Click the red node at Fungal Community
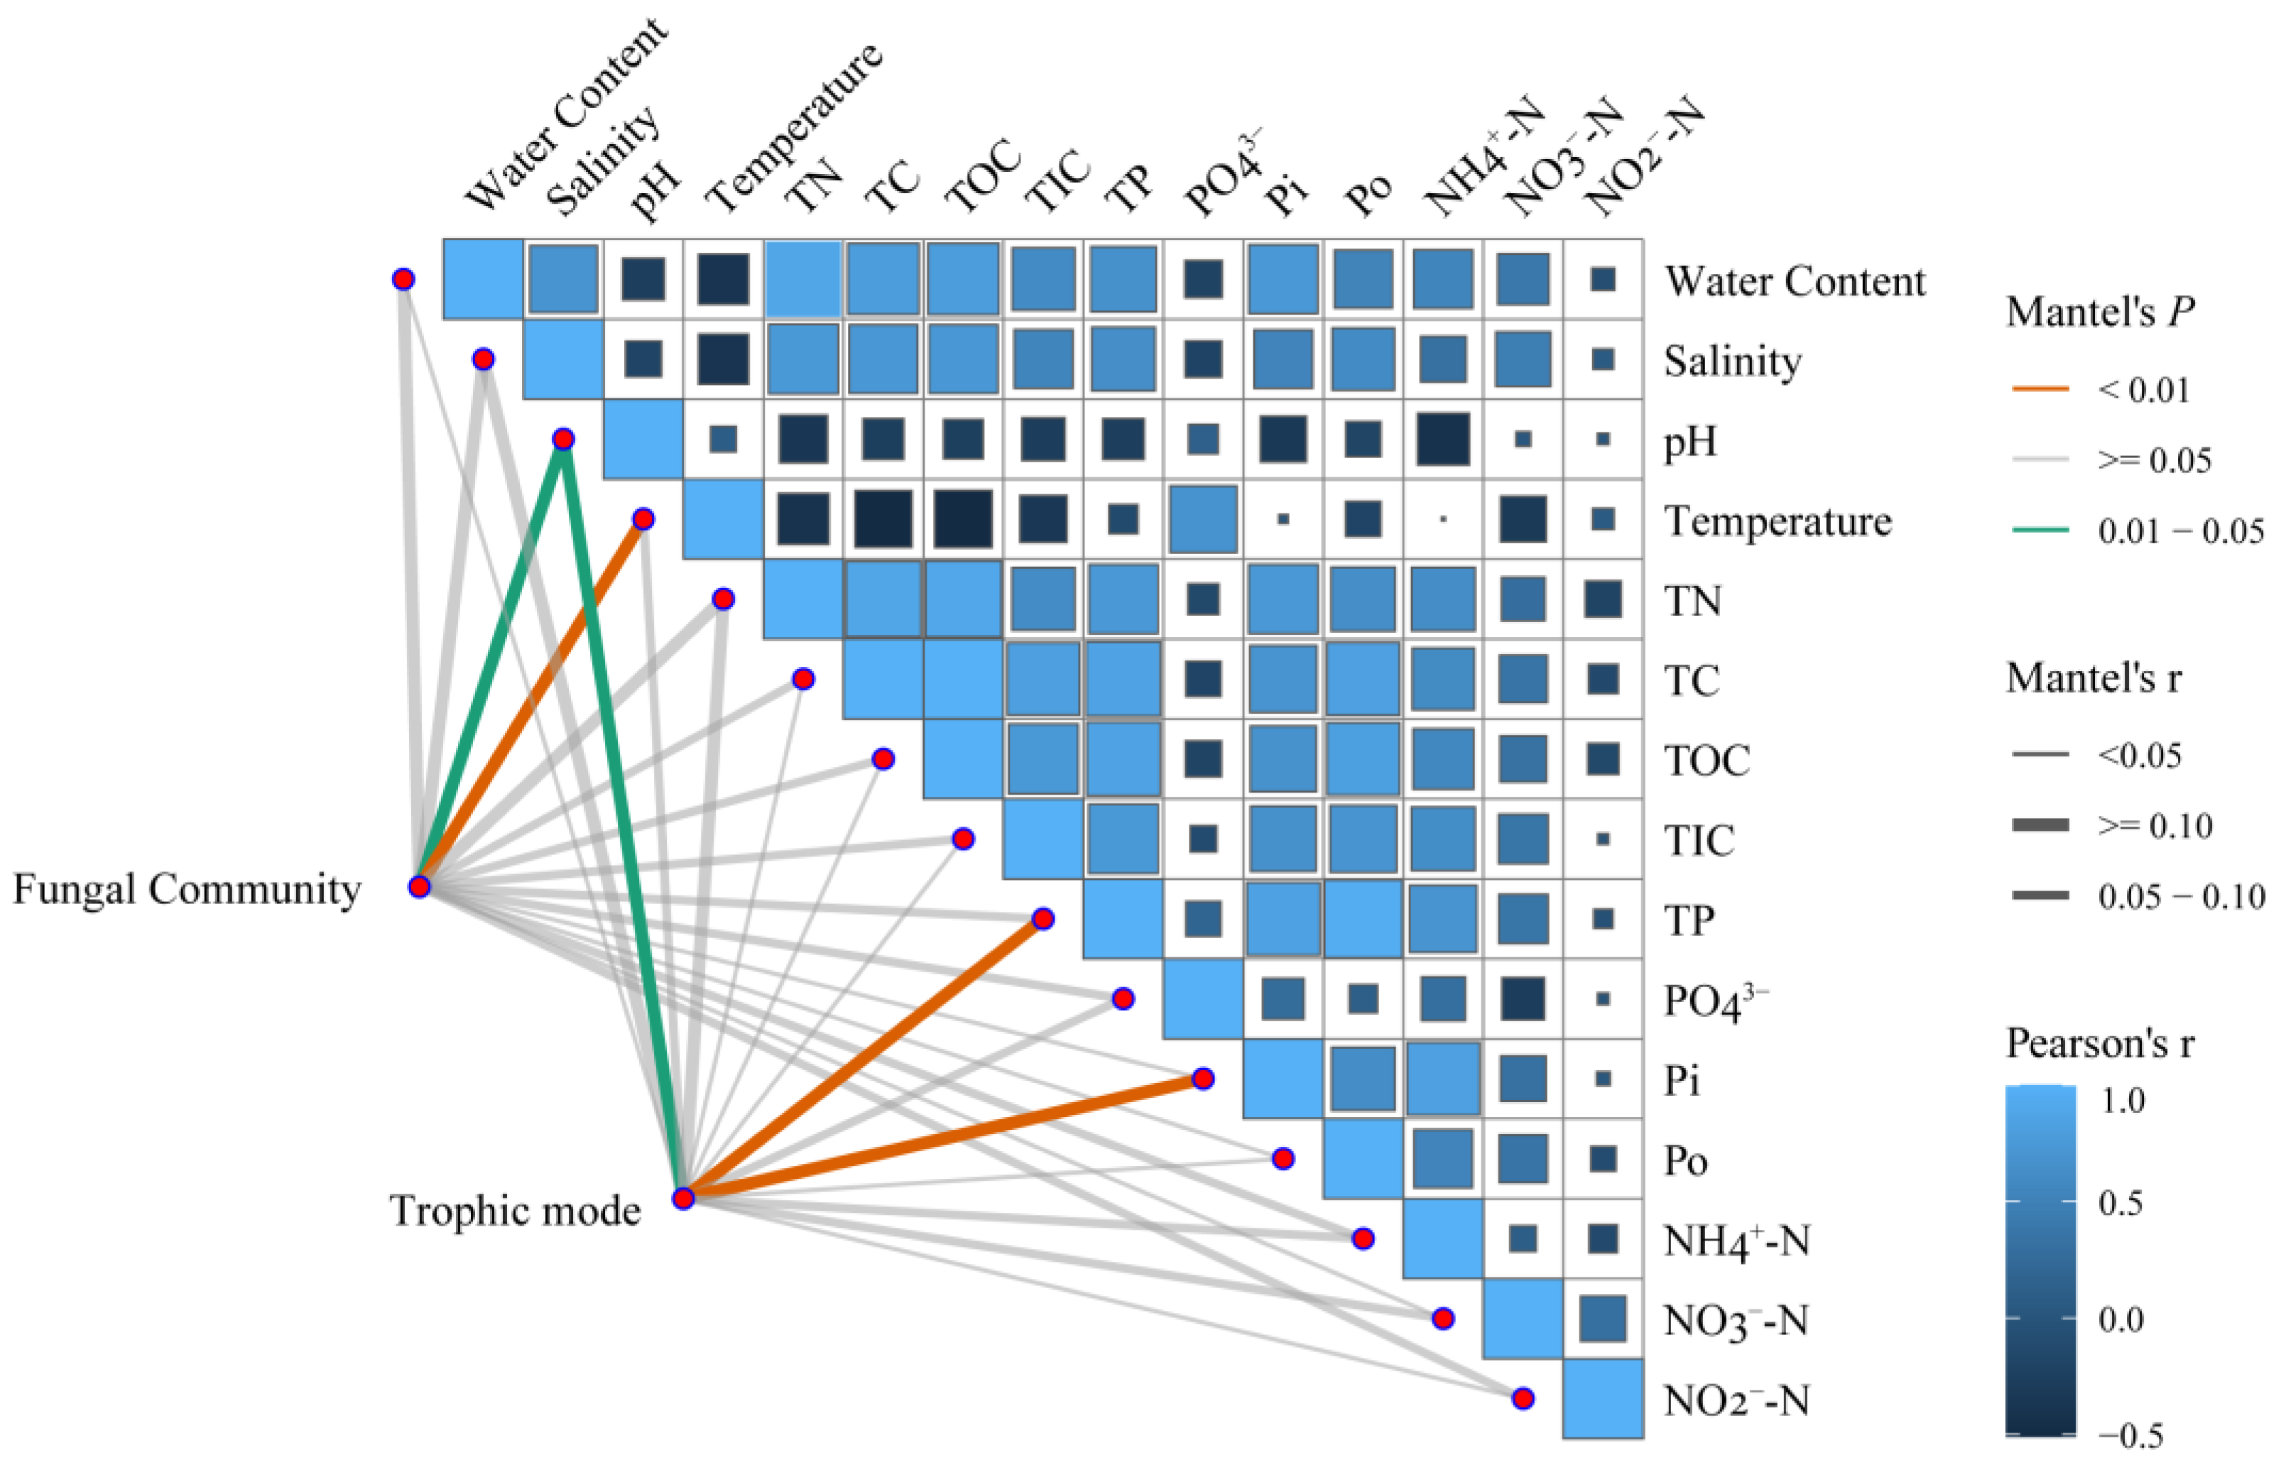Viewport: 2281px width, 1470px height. click(x=419, y=887)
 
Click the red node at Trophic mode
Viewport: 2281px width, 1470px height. click(x=683, y=1198)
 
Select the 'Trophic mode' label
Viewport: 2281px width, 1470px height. click(x=516, y=1210)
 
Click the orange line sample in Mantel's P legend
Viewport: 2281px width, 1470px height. click(x=2040, y=388)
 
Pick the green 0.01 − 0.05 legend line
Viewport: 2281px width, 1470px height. click(x=2040, y=530)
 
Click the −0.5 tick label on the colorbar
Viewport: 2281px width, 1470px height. click(x=2131, y=1434)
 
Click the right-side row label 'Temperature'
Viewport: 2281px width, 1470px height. click(x=1777, y=521)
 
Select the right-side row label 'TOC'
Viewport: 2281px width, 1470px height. click(x=1707, y=761)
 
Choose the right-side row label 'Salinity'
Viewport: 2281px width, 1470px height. click(x=1732, y=361)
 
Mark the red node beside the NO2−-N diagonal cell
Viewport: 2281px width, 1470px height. click(x=1523, y=1398)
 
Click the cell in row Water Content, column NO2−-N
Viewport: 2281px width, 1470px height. click(x=1604, y=278)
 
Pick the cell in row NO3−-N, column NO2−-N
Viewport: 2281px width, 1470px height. click(x=1604, y=1318)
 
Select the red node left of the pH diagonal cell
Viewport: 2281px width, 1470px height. click(x=563, y=439)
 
